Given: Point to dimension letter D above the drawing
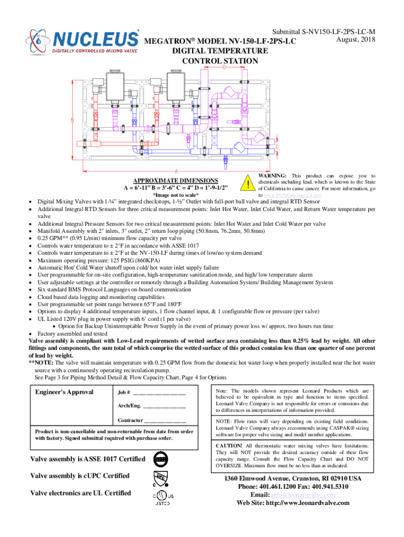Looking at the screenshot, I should click(x=225, y=68).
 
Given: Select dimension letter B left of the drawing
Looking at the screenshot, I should click(x=72, y=120).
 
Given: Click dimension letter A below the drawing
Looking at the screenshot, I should click(x=176, y=171).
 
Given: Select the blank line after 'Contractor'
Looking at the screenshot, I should click(x=165, y=421).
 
